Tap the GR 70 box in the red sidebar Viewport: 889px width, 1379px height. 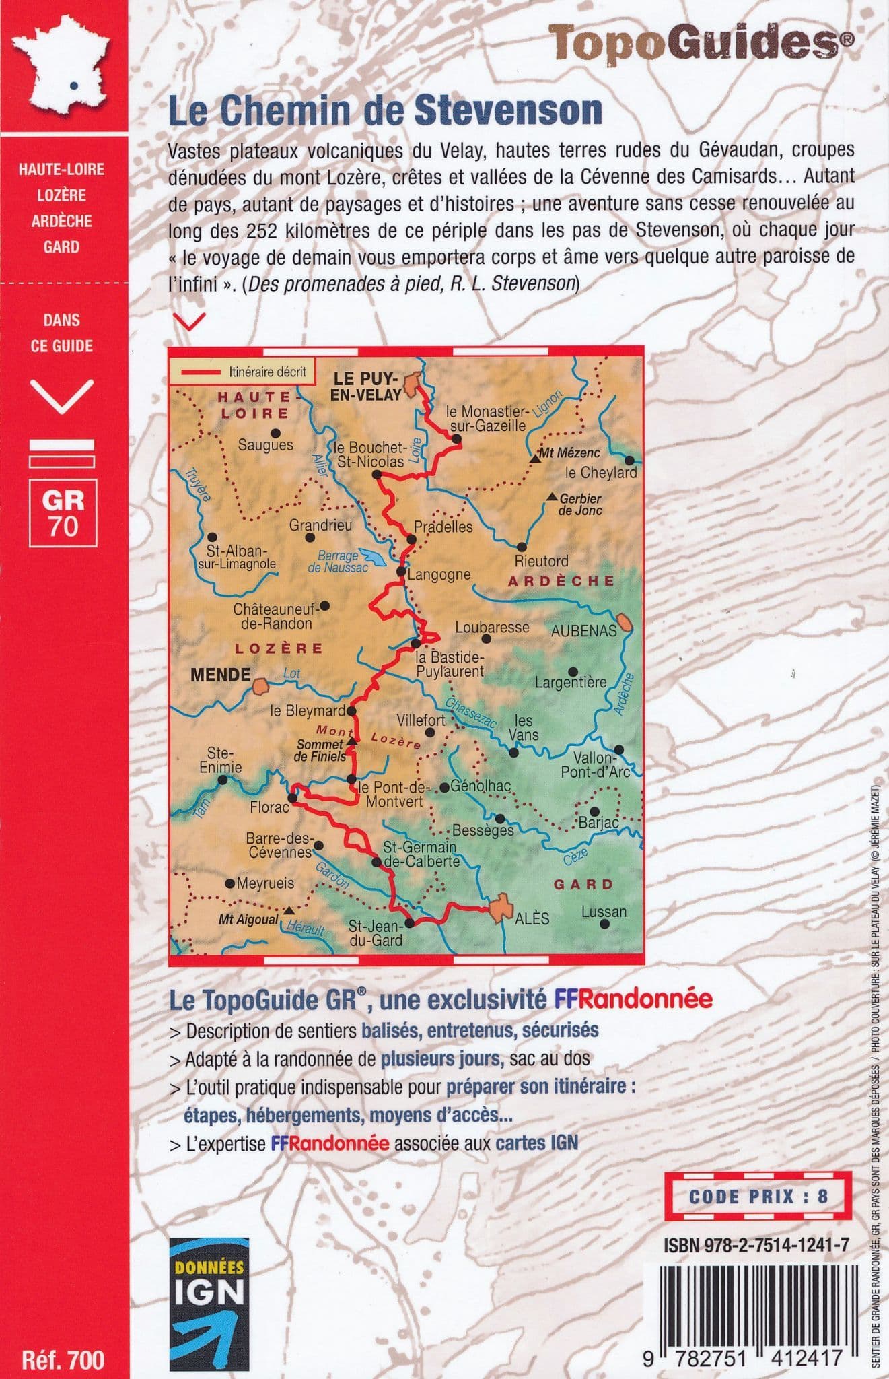(63, 511)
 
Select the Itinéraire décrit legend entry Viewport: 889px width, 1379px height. (242, 371)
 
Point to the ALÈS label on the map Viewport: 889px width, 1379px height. (531, 918)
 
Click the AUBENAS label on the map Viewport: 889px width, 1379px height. (583, 631)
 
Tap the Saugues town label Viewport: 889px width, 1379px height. (266, 445)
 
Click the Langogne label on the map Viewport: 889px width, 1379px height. (439, 575)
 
